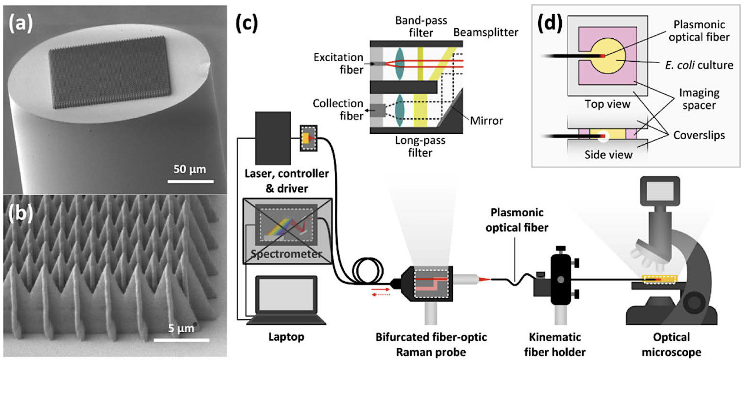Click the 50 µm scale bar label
tap(190, 169)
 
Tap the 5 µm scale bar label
tap(181, 328)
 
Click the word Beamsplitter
tap(485, 32)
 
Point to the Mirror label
tap(486, 121)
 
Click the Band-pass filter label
tap(421, 26)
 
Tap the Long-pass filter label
tap(420, 146)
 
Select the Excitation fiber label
tap(338, 63)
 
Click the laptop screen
tap(286, 294)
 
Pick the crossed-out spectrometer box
tap(287, 231)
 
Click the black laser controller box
tap(273, 138)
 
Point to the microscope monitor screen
tap(660, 191)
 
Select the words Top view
tap(607, 104)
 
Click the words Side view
tap(608, 154)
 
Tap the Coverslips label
tap(699, 135)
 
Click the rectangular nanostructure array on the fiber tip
tap(110, 72)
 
